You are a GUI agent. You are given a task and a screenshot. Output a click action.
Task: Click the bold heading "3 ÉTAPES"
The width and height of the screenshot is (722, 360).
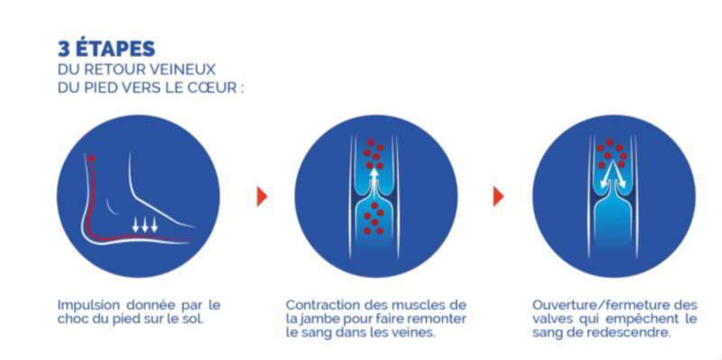pos(106,50)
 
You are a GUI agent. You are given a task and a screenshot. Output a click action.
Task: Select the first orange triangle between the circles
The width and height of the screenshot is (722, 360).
pos(262,196)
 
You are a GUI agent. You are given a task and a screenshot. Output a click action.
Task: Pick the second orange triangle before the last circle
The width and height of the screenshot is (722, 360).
pos(499,196)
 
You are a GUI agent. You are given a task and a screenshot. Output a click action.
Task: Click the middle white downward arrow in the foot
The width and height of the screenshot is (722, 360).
pos(145,225)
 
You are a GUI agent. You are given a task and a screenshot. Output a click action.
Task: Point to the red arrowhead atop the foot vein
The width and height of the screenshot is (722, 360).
pos(92,158)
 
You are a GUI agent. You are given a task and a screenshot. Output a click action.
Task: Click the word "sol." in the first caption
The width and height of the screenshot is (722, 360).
pos(193,319)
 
